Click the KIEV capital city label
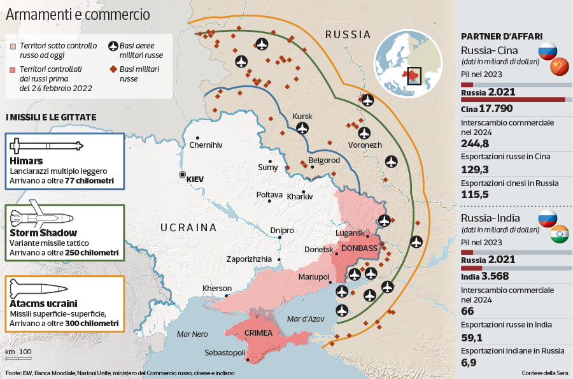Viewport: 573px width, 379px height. tap(195, 180)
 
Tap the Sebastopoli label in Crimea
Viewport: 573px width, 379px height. tap(225, 352)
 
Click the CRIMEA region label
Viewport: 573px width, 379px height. tap(258, 333)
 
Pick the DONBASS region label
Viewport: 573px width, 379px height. tap(359, 248)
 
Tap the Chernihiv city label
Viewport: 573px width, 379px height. tap(206, 145)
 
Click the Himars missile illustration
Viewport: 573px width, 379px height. tap(46, 146)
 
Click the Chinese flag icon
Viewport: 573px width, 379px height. tap(558, 66)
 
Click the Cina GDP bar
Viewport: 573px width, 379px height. tap(513, 99)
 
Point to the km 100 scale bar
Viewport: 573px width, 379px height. tap(18, 352)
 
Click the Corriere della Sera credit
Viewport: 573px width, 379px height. tap(544, 373)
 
